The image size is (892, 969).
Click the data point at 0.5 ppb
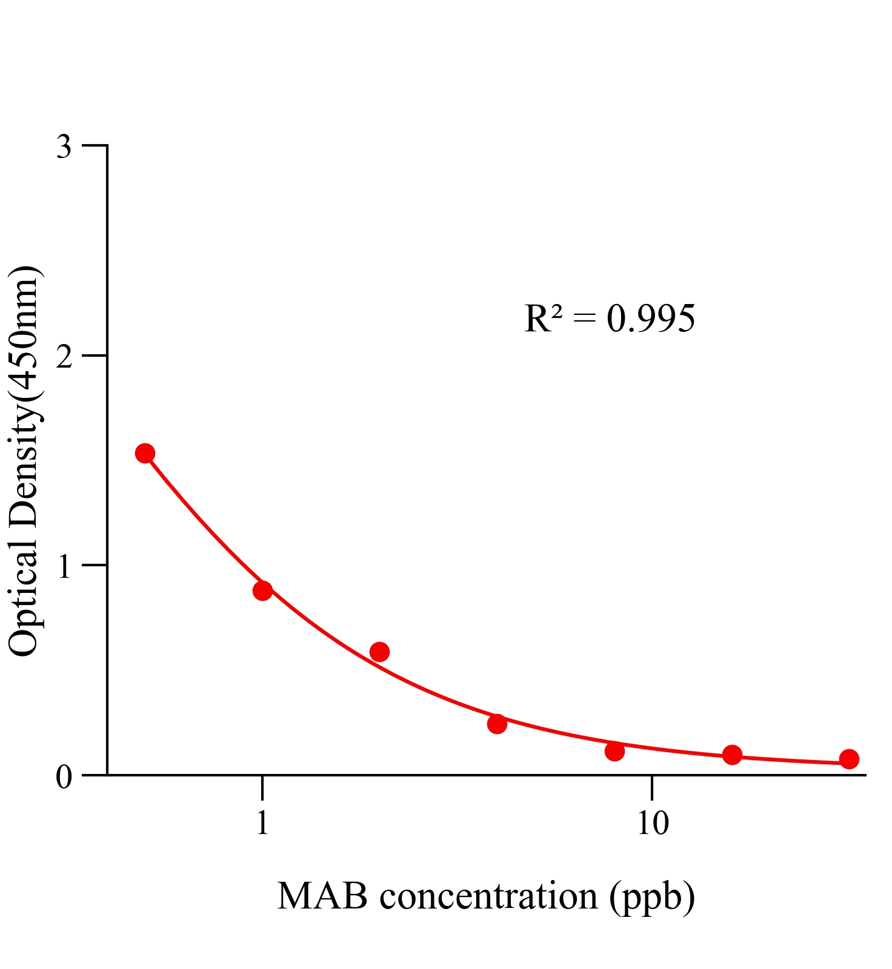[x=144, y=452]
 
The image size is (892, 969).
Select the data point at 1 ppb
[x=262, y=590]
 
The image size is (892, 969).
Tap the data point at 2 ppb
[x=379, y=652]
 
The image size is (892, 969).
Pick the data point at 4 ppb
[x=497, y=723]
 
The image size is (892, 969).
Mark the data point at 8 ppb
[x=614, y=751]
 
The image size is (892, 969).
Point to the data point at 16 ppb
[x=732, y=755]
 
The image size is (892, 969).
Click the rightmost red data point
[x=849, y=759]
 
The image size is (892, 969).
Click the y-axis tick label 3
[x=64, y=147]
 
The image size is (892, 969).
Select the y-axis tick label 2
[x=64, y=357]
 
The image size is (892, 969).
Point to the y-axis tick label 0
[x=64, y=776]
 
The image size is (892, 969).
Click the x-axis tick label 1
[x=262, y=823]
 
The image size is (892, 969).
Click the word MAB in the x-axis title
[x=322, y=896]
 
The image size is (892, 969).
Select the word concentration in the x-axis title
[x=488, y=896]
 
